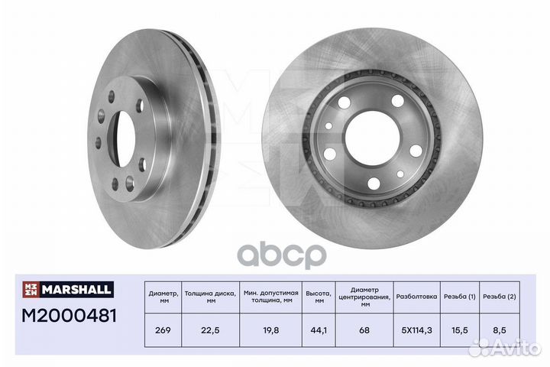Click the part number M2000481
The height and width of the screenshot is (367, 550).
click(x=67, y=316)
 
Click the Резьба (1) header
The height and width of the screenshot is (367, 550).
click(x=459, y=295)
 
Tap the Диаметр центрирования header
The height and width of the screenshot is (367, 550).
click(x=364, y=295)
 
